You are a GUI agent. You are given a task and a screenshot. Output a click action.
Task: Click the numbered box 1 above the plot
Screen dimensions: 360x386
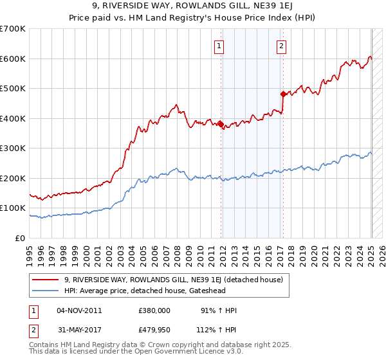pyautogui.click(x=219, y=46)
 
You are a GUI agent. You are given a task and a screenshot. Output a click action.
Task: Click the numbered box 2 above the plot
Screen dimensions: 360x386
pyautogui.click(x=282, y=46)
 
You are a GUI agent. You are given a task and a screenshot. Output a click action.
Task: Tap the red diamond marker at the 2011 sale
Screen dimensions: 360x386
pyautogui.click(x=221, y=124)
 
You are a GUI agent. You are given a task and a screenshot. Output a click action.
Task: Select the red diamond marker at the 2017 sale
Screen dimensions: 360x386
pyautogui.click(x=283, y=94)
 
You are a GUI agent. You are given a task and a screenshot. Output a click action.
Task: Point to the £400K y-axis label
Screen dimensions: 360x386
pyautogui.click(x=13, y=118)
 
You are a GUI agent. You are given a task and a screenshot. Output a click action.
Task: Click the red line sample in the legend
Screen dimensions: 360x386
pyautogui.click(x=46, y=280)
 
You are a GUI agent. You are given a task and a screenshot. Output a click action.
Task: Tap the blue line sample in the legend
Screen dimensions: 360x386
pyautogui.click(x=46, y=289)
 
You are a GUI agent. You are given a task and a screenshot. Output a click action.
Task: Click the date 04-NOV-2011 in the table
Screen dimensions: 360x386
pyautogui.click(x=80, y=310)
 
